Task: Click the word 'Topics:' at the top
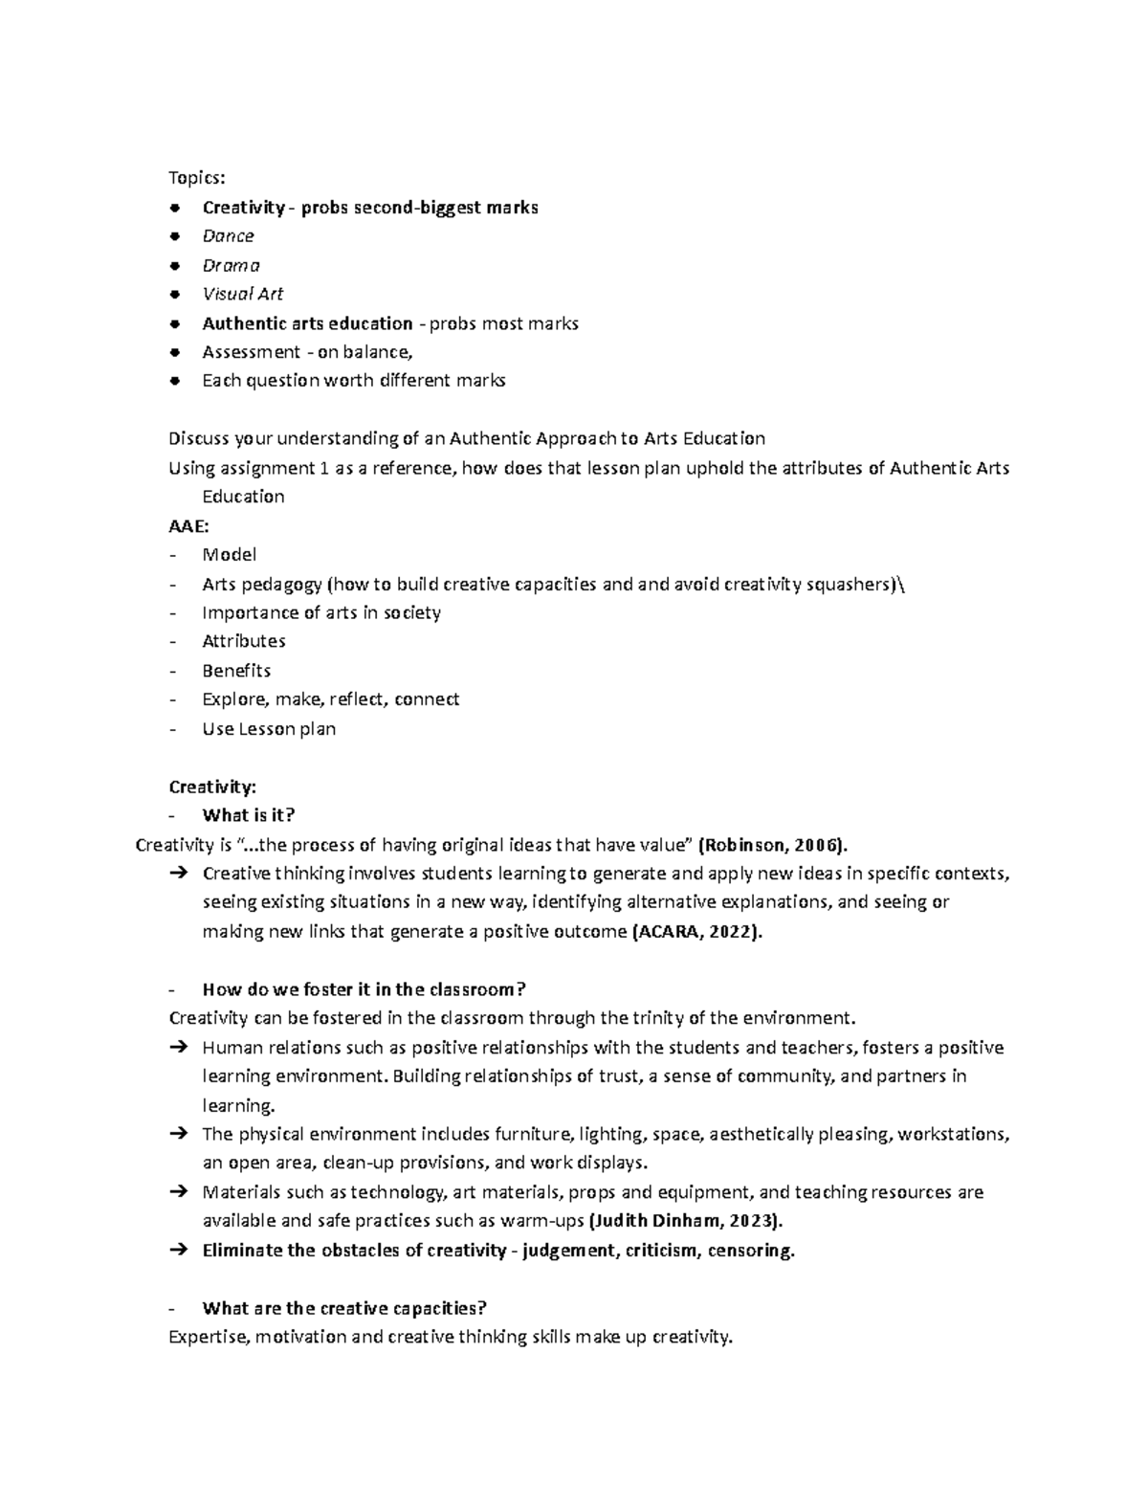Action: click(196, 178)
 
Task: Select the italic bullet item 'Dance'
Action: click(228, 236)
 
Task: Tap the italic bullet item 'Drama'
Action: click(231, 265)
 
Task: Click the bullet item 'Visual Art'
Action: click(242, 294)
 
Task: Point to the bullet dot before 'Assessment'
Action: click(173, 352)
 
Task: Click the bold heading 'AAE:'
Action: click(188, 525)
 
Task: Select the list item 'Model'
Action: click(229, 554)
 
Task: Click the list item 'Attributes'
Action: click(243, 641)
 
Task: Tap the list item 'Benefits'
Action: click(236, 670)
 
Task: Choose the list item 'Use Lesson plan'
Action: click(269, 728)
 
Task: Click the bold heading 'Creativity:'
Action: click(212, 787)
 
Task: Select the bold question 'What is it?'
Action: click(249, 815)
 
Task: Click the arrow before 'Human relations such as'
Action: click(178, 1048)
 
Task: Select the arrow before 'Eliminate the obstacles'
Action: click(178, 1251)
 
